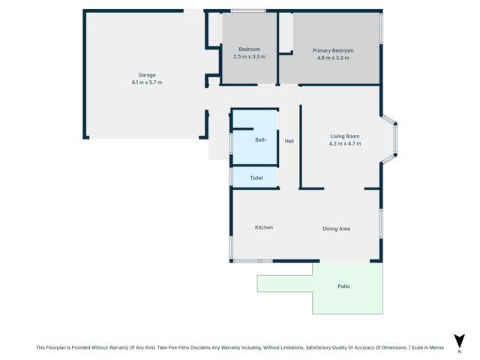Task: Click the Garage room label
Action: (147, 75)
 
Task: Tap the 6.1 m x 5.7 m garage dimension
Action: (147, 82)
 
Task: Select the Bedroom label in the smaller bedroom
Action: (250, 49)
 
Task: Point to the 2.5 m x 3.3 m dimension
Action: (250, 57)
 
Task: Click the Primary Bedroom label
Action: (333, 50)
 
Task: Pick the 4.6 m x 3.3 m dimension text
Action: (333, 58)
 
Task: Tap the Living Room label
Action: (345, 136)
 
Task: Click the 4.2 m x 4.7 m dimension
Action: (345, 143)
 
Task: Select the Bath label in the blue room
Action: (260, 139)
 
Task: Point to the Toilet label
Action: (256, 178)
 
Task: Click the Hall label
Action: (289, 141)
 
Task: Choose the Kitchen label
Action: (264, 227)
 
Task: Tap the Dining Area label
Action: (336, 229)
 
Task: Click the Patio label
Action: (343, 286)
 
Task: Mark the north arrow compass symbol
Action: (459, 341)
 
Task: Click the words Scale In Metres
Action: (428, 348)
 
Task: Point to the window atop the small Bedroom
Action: (247, 10)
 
